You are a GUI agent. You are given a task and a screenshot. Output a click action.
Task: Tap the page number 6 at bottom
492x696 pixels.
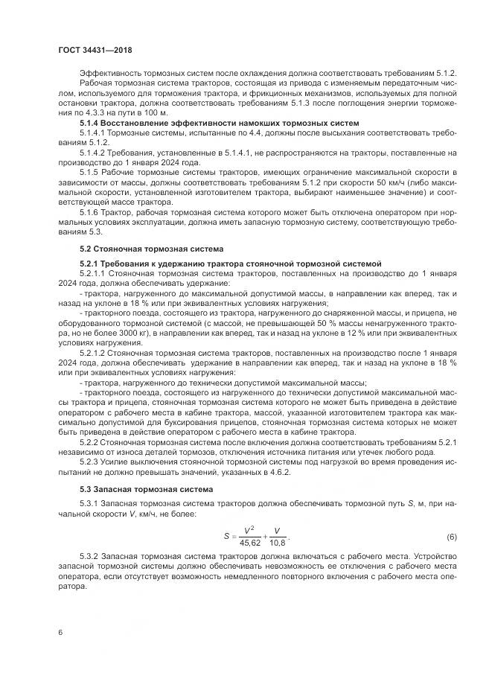tap(60, 632)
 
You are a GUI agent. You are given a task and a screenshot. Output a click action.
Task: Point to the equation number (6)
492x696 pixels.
tap(452, 537)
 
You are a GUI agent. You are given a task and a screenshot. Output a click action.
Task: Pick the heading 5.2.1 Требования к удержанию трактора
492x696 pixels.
tap(230, 264)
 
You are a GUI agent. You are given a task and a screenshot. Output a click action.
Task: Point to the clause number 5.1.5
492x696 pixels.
tap(91, 171)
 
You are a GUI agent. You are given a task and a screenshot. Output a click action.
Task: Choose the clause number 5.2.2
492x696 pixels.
tap(91, 440)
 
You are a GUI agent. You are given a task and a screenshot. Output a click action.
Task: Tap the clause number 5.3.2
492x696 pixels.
tap(91, 557)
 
